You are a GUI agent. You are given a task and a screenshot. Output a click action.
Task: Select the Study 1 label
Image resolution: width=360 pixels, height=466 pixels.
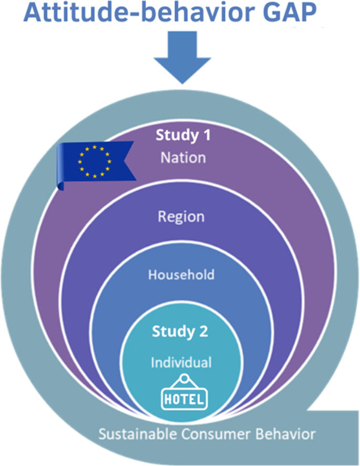point(182,135)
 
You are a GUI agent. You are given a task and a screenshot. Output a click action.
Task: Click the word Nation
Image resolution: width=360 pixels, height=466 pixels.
point(182,157)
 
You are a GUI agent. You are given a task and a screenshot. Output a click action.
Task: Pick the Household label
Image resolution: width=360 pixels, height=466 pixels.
point(181,274)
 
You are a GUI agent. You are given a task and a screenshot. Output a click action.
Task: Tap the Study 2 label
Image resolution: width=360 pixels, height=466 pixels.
point(180,331)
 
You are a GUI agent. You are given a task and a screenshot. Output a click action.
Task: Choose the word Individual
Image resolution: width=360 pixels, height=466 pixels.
point(181,362)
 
